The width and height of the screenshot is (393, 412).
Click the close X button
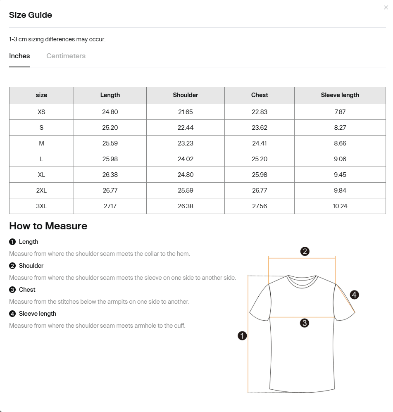pyautogui.click(x=386, y=7)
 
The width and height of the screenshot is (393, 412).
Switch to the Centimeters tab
pyautogui.click(x=66, y=56)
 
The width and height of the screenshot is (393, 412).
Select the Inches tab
pyautogui.click(x=19, y=56)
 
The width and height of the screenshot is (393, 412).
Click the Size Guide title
pyautogui.click(x=31, y=15)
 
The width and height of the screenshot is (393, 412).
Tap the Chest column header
pyautogui.click(x=260, y=95)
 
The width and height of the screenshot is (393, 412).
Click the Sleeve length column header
pyautogui.click(x=340, y=95)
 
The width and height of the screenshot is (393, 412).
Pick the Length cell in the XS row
pyautogui.click(x=110, y=112)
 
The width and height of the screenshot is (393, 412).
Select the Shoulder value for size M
pyautogui.click(x=186, y=143)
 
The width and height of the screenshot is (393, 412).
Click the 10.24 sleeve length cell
pyautogui.click(x=340, y=206)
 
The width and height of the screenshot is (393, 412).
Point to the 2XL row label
pyautogui.click(x=41, y=191)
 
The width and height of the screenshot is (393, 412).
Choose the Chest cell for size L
pyautogui.click(x=260, y=159)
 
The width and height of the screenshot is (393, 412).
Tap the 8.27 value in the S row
pyautogui.click(x=340, y=128)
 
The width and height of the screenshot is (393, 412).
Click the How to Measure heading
pyautogui.click(x=48, y=226)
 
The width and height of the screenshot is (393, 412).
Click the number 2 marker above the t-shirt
pyautogui.click(x=305, y=251)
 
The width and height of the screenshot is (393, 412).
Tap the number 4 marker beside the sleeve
pyautogui.click(x=354, y=295)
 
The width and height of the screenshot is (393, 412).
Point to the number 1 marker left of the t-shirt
pyautogui.click(x=242, y=336)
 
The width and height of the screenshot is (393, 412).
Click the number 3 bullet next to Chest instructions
pyautogui.click(x=12, y=290)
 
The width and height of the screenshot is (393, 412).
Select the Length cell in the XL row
pyautogui.click(x=110, y=175)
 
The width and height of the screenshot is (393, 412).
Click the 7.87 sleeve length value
pyautogui.click(x=340, y=112)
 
